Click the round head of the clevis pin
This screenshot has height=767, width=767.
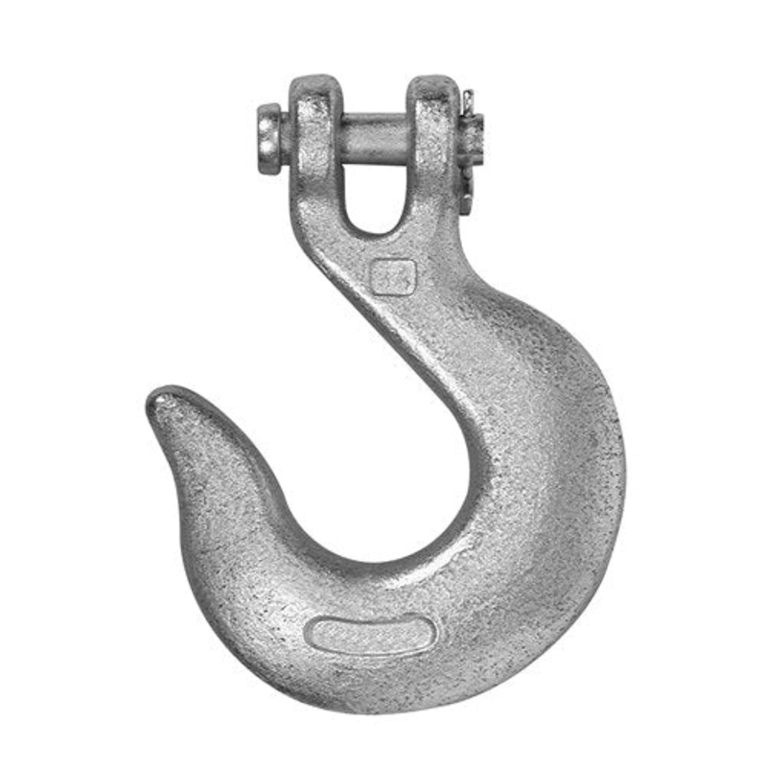269,138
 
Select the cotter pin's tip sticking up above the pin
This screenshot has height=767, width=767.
467,100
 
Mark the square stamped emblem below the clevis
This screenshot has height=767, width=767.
393,277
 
